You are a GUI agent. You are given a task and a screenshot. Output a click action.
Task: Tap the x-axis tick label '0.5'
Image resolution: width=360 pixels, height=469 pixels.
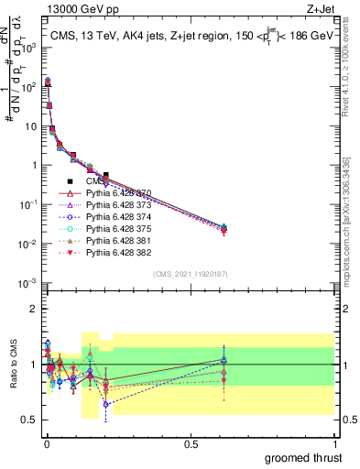191,442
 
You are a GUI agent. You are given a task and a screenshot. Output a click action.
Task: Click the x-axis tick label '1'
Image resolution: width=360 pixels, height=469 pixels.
335,442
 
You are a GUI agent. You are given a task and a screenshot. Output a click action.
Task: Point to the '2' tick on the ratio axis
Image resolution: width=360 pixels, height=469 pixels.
34,309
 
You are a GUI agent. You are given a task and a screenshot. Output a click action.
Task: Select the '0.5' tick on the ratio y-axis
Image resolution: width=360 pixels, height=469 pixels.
29,420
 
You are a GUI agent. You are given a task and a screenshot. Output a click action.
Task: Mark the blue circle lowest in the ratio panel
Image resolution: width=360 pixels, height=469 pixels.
106,404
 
